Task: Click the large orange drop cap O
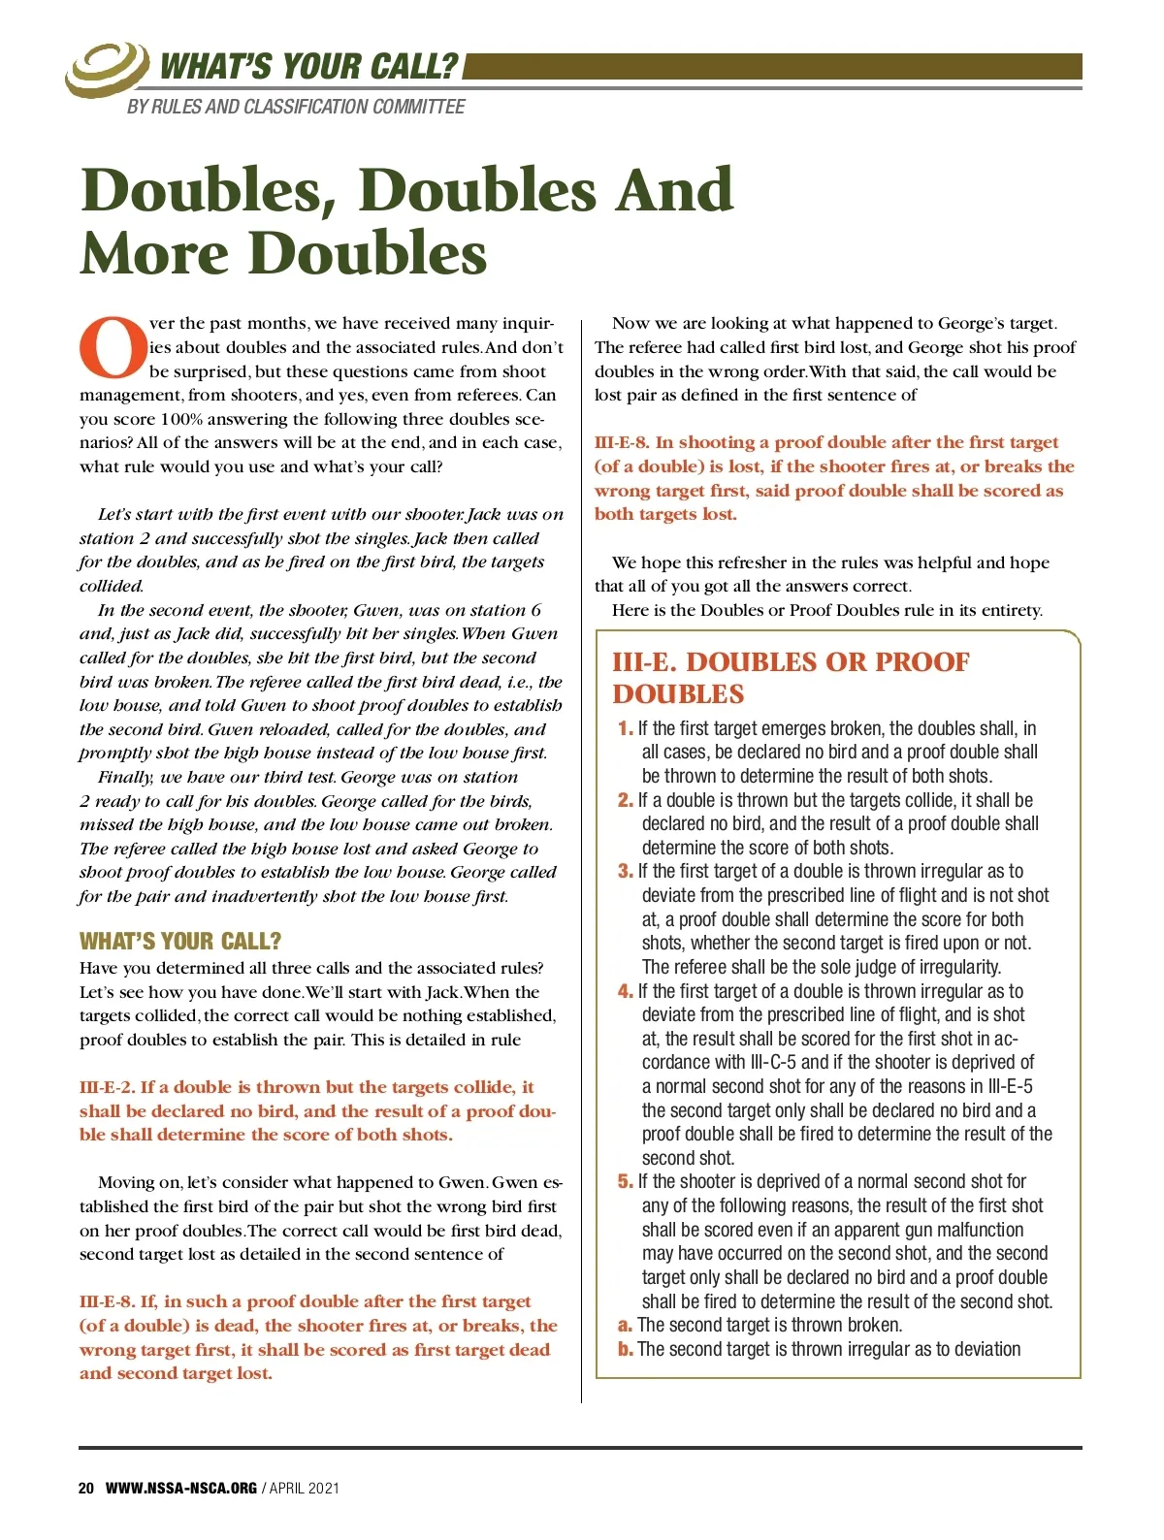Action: (x=113, y=347)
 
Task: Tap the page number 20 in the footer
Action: (x=86, y=1488)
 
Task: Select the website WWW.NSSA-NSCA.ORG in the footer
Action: (x=180, y=1488)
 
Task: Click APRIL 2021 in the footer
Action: (x=305, y=1488)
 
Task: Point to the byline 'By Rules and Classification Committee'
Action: (x=296, y=107)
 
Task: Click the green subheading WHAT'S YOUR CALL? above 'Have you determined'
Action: (x=180, y=941)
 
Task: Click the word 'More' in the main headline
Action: (x=156, y=254)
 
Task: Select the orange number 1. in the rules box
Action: (x=626, y=728)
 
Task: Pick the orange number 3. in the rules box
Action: (x=626, y=871)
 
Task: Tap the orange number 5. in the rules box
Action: (x=626, y=1181)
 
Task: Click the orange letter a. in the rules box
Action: (x=626, y=1325)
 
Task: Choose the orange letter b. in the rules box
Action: (x=626, y=1349)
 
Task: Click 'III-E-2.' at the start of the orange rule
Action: (x=107, y=1087)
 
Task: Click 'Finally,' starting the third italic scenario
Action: (x=125, y=777)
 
